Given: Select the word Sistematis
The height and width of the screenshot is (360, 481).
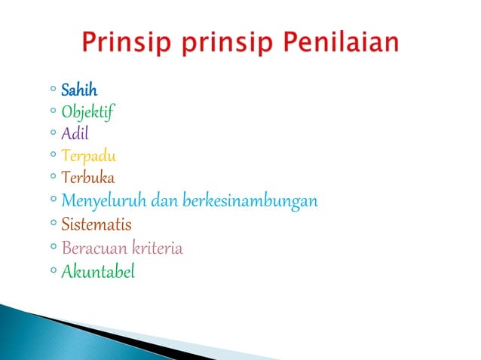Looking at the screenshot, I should coord(96,224).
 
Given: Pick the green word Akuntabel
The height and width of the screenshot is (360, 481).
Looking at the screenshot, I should coord(97,271).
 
